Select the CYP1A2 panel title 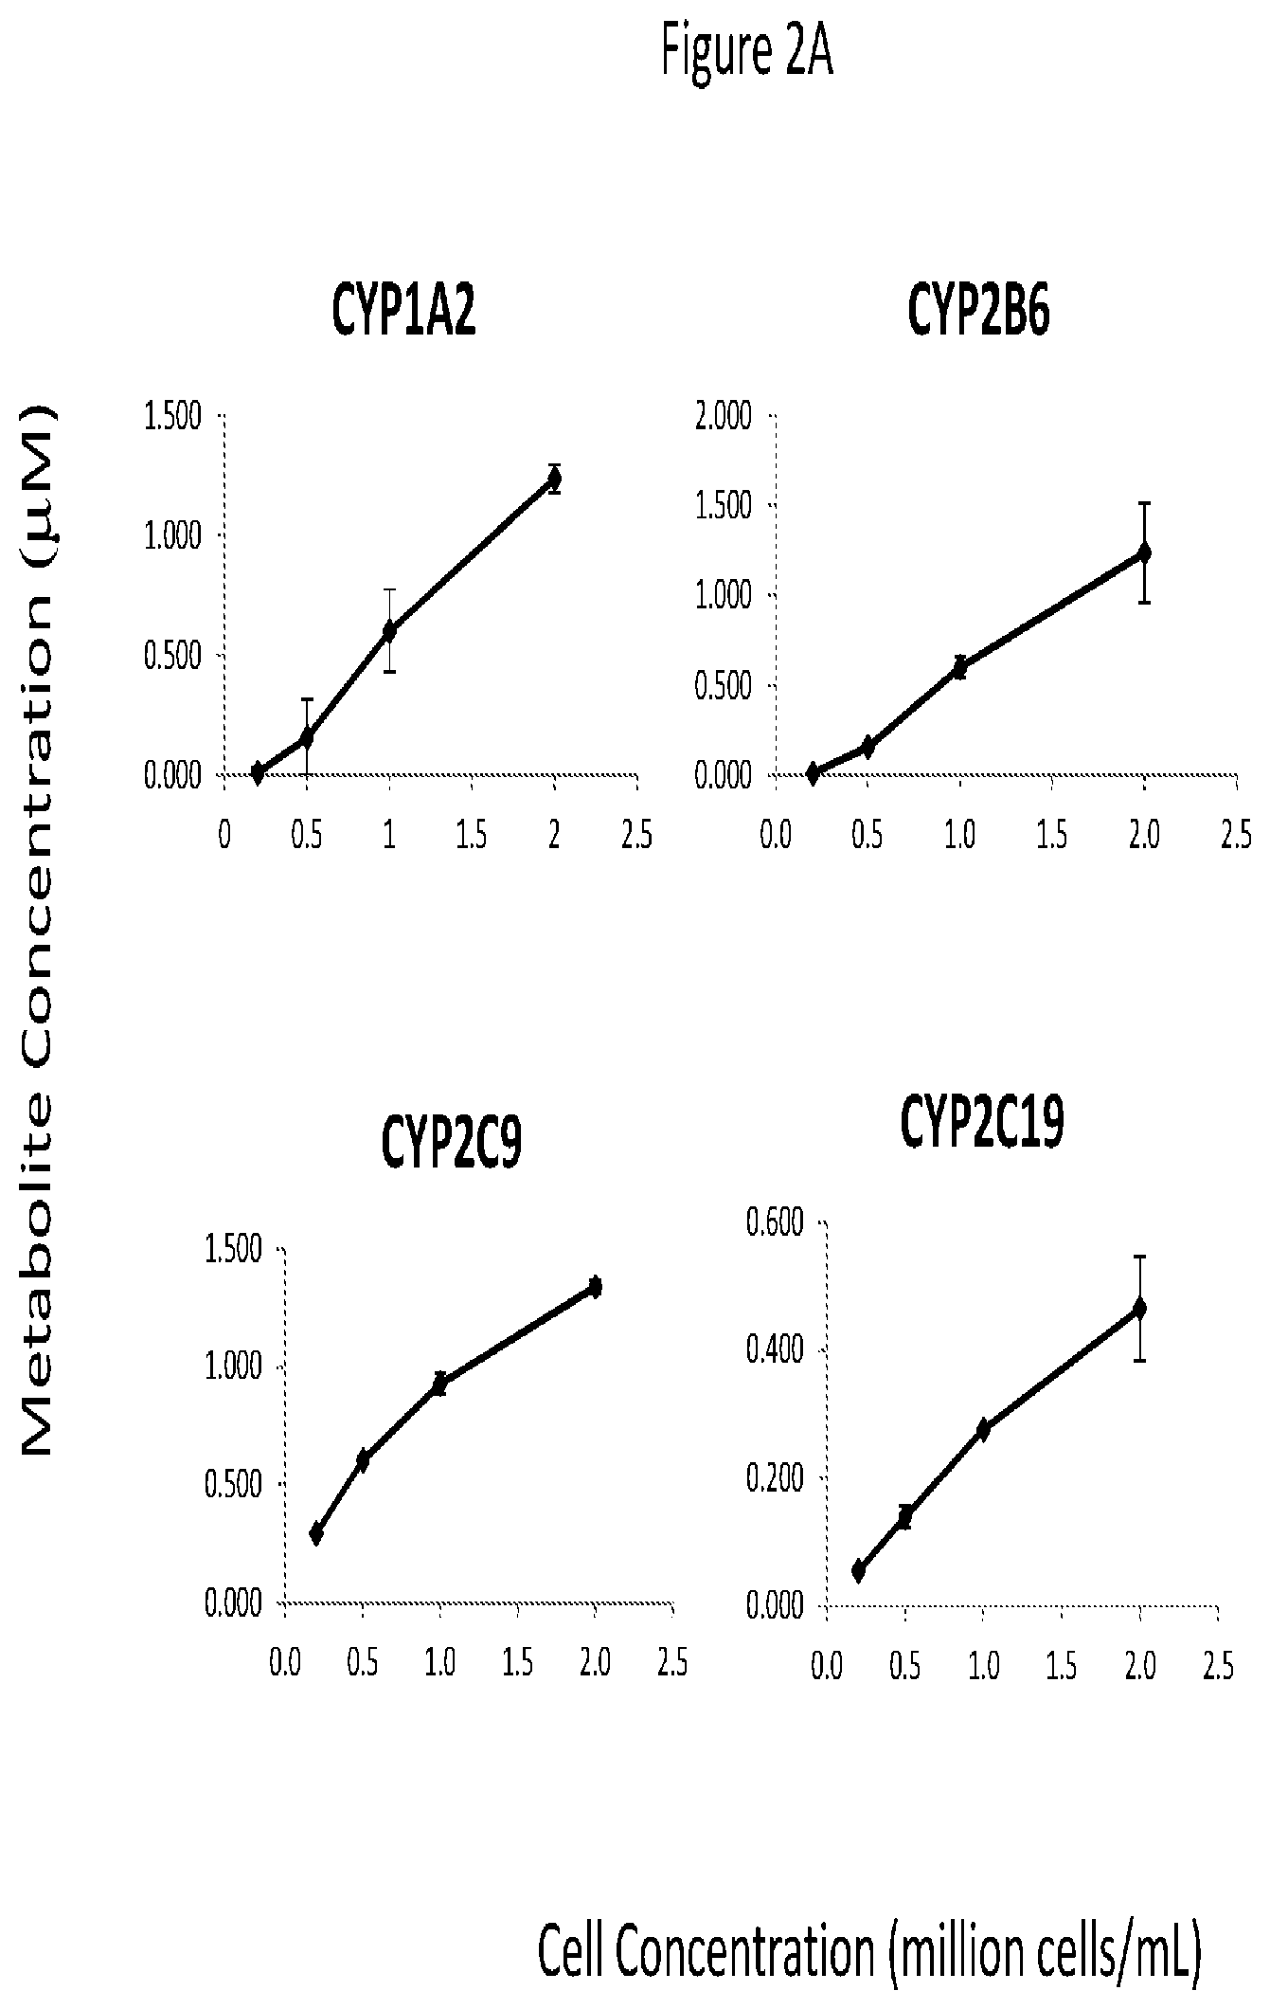click(403, 310)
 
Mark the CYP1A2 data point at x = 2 click(554, 479)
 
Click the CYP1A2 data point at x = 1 click(388, 630)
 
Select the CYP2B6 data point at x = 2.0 click(1144, 552)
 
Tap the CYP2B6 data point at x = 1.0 click(960, 667)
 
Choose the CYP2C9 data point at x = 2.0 click(595, 1286)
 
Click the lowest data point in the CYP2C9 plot click(316, 1533)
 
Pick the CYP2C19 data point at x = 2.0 click(1140, 1309)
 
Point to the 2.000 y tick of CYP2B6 click(724, 416)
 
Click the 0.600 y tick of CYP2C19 click(774, 1222)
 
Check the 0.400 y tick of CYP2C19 click(774, 1349)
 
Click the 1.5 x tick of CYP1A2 click(472, 836)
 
